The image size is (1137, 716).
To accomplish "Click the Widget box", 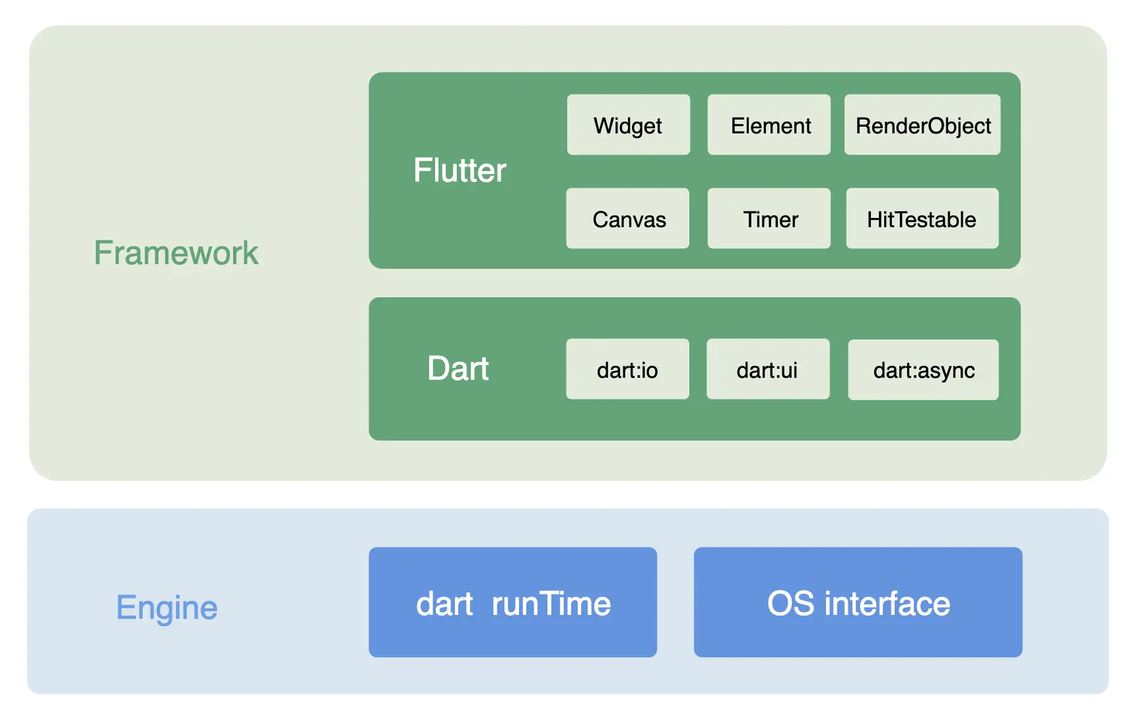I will pyautogui.click(x=628, y=125).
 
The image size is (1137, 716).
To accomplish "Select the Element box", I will pyautogui.click(x=769, y=125).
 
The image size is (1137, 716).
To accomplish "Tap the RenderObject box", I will pyautogui.click(x=922, y=125).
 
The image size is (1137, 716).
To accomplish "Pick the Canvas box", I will pyautogui.click(x=627, y=219).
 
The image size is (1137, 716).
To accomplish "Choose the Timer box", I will pyautogui.click(x=769, y=219).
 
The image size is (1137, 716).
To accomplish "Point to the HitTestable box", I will pyautogui.click(x=922, y=219).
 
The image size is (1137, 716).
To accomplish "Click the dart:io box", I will pyautogui.click(x=627, y=369).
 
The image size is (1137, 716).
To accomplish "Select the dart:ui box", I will pyautogui.click(x=768, y=369).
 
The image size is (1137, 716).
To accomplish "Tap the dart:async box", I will pyautogui.click(x=923, y=370).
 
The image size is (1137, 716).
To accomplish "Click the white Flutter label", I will pyautogui.click(x=460, y=170).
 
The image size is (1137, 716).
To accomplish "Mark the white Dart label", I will pyautogui.click(x=458, y=369).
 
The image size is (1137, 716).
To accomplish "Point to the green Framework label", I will pyautogui.click(x=176, y=253).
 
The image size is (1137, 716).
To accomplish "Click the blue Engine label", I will pyautogui.click(x=166, y=608).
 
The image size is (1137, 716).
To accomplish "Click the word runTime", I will pyautogui.click(x=551, y=604).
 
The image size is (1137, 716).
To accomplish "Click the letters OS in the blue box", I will pyautogui.click(x=790, y=604).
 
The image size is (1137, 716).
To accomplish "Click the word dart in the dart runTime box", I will pyautogui.click(x=444, y=604).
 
